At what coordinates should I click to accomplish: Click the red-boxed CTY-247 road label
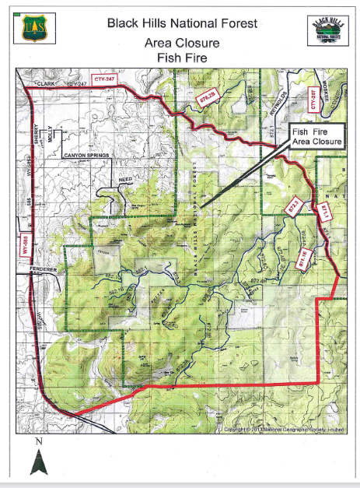point(107,79)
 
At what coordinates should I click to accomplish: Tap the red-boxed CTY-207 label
point(313,97)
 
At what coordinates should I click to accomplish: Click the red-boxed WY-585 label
point(25,241)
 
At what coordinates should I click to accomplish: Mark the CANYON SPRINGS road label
point(86,156)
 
